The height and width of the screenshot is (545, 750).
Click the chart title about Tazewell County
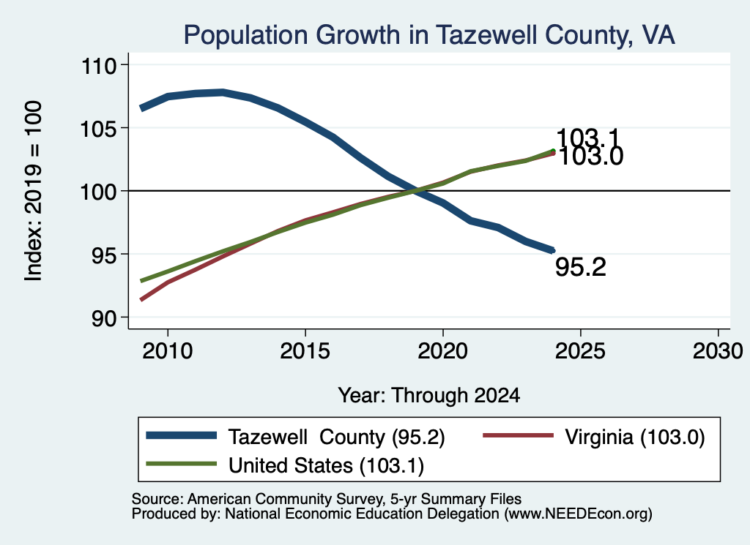(x=429, y=35)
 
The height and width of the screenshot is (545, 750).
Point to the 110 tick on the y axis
(x=99, y=65)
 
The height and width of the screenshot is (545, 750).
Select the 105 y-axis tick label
(x=99, y=129)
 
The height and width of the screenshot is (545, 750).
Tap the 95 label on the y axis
(x=104, y=255)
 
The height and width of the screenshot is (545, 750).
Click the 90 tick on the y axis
(x=104, y=318)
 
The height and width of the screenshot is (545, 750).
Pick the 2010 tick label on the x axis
(x=168, y=351)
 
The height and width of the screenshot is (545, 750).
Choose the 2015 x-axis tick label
(x=305, y=351)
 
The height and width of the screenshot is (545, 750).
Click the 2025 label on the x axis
(x=580, y=351)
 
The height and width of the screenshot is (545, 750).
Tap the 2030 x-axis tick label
(x=718, y=351)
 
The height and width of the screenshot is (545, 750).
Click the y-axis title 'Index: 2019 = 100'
(x=34, y=191)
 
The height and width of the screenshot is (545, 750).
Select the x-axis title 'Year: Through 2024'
(x=429, y=396)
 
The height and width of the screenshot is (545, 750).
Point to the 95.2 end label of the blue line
(x=581, y=266)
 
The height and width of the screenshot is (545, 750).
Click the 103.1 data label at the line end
(x=588, y=138)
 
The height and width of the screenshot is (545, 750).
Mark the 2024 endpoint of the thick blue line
(x=553, y=249)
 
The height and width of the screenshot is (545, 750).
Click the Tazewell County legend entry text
(x=337, y=437)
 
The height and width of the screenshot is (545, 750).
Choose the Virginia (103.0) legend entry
(x=635, y=437)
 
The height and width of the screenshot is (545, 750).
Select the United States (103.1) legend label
(x=326, y=466)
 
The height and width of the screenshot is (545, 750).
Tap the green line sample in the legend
(x=182, y=464)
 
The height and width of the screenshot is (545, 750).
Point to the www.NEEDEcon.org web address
(x=578, y=514)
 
